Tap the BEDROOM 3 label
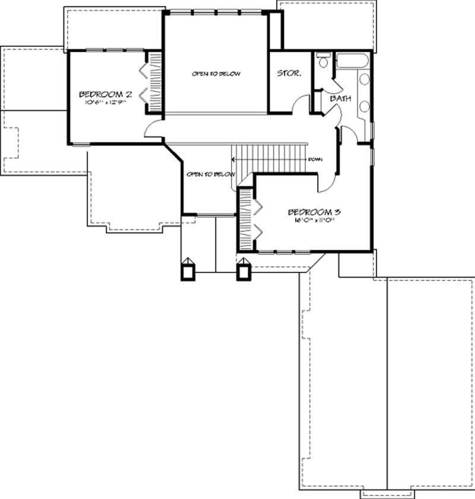click(x=313, y=212)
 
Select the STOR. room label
click(x=289, y=74)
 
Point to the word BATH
click(x=339, y=98)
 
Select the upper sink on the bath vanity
click(x=364, y=82)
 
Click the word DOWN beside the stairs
click(x=315, y=160)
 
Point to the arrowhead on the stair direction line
click(x=234, y=159)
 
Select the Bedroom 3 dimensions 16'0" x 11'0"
click(x=313, y=220)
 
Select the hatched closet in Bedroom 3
click(x=246, y=218)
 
